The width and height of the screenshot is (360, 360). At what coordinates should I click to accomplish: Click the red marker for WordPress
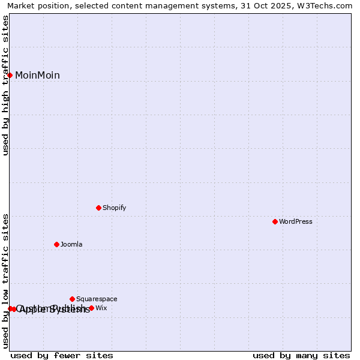tap(275, 221)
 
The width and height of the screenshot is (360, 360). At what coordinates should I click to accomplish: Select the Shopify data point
tap(98, 208)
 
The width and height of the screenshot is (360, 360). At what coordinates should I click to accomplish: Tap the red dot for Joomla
tap(56, 244)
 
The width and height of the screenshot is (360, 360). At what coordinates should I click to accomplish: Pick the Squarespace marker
tap(72, 299)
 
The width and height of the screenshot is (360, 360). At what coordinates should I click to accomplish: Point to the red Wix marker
tap(91, 308)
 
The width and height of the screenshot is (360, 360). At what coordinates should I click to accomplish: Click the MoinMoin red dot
tap(10, 75)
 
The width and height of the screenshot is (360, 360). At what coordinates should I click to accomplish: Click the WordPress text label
tap(295, 222)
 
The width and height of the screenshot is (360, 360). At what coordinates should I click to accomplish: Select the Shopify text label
tap(114, 208)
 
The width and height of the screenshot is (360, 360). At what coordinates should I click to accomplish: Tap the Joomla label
tap(71, 245)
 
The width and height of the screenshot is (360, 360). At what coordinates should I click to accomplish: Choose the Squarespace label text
tap(97, 299)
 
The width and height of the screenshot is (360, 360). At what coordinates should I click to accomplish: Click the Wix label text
tap(101, 308)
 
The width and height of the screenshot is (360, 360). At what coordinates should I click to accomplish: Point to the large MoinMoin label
tap(37, 76)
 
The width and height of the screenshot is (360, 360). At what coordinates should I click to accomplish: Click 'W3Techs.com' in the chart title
tap(328, 6)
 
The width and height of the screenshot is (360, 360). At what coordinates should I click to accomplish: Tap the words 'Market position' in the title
tap(37, 6)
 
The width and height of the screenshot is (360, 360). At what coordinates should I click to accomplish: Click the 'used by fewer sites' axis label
tap(62, 356)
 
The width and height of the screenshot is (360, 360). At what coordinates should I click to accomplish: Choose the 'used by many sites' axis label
tap(301, 356)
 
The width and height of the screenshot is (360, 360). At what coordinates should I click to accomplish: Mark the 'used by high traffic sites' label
tap(6, 86)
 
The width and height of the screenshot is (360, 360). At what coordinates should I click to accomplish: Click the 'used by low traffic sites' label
tap(6, 281)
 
